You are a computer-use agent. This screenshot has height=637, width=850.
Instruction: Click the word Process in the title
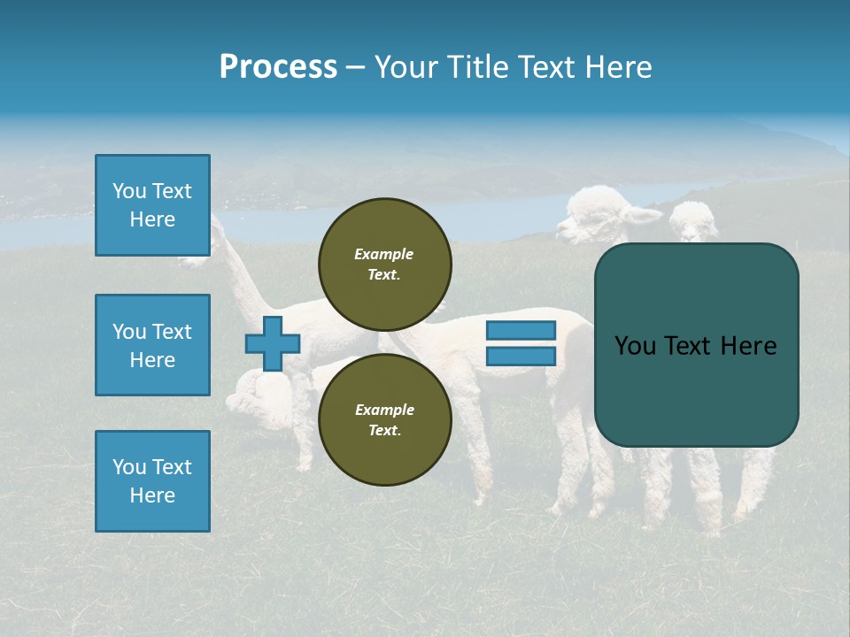point(278,67)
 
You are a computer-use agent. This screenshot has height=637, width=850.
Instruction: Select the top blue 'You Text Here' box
point(152,205)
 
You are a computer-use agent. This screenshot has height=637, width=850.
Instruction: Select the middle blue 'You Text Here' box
point(152,345)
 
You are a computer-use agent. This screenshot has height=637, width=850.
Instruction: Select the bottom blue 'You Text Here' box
point(152,481)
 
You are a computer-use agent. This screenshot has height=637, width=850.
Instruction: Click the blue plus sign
point(273,343)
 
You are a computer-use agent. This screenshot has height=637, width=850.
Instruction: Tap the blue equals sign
point(521,343)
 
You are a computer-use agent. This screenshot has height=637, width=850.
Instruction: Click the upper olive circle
point(385,265)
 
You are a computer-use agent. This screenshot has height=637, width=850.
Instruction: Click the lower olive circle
point(385,419)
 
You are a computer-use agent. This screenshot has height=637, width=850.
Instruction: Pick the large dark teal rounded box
point(696,345)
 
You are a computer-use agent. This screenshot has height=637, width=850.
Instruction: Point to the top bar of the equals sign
point(521,330)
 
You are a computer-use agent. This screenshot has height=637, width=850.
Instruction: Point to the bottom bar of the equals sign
point(521,357)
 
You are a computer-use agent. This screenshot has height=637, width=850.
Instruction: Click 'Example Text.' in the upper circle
point(384,265)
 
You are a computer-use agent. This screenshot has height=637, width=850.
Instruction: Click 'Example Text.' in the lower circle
point(384,419)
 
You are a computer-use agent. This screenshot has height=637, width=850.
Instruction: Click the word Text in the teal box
point(695,346)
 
